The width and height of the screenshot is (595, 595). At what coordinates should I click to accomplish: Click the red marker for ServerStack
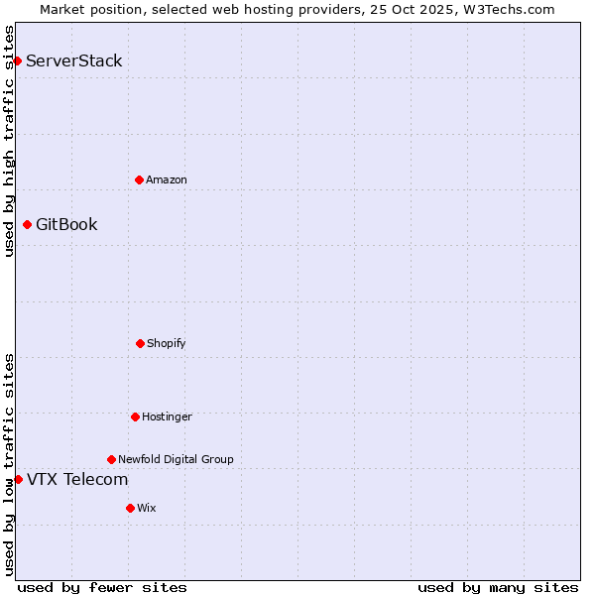(x=17, y=60)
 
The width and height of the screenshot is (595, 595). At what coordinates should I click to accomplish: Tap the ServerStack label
(x=73, y=60)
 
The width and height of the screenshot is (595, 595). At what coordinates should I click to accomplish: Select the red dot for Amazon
(x=139, y=179)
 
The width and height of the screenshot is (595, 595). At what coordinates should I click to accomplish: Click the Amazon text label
(x=166, y=179)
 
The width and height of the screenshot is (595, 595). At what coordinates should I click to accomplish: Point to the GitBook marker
(x=27, y=224)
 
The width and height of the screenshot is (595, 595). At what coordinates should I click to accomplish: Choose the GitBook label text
(x=66, y=224)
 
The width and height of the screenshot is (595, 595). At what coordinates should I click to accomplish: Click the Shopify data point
(x=140, y=343)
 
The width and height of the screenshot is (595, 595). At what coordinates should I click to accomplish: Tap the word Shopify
(x=166, y=343)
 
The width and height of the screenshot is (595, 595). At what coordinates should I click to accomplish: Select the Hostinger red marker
(x=135, y=416)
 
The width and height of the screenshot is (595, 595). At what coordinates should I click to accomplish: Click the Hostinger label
(x=167, y=416)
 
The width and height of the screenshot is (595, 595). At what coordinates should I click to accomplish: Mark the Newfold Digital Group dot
(x=111, y=459)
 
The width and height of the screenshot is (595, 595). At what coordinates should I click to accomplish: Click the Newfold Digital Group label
(x=176, y=459)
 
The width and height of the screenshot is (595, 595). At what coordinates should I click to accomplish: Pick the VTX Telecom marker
(x=18, y=479)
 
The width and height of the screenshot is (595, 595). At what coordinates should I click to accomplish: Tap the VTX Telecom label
(x=77, y=480)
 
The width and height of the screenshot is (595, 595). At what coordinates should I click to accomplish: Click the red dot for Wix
(x=130, y=508)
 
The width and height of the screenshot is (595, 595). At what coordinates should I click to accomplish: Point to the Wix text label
(x=146, y=508)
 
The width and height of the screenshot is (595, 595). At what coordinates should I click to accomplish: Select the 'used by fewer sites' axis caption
(x=102, y=587)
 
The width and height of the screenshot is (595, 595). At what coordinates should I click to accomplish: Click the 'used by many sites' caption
(x=498, y=587)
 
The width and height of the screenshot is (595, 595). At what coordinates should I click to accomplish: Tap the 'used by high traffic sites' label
(x=9, y=141)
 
